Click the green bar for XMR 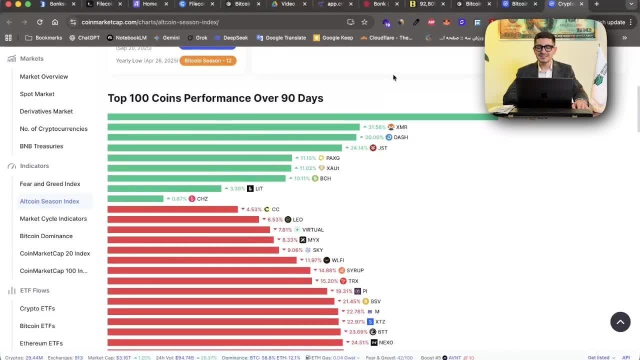[x=233, y=127]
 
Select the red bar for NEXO [x=225, y=342]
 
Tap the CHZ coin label [x=202, y=199]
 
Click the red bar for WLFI [x=201, y=260]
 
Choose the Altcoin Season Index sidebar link [x=49, y=201]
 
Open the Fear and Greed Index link [x=50, y=184]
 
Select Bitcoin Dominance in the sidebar [x=46, y=236]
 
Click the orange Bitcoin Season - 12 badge [x=207, y=60]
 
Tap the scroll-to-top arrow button [x=620, y=322]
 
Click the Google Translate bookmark [x=285, y=37]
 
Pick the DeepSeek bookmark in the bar [x=235, y=37]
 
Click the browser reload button [x=39, y=22]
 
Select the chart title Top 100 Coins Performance [x=215, y=98]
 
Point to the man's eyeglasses [x=543, y=48]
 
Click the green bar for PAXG [x=199, y=158]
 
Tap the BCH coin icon [x=315, y=178]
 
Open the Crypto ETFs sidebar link [x=37, y=308]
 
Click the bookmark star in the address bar [x=364, y=22]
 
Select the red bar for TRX [x=209, y=281]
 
